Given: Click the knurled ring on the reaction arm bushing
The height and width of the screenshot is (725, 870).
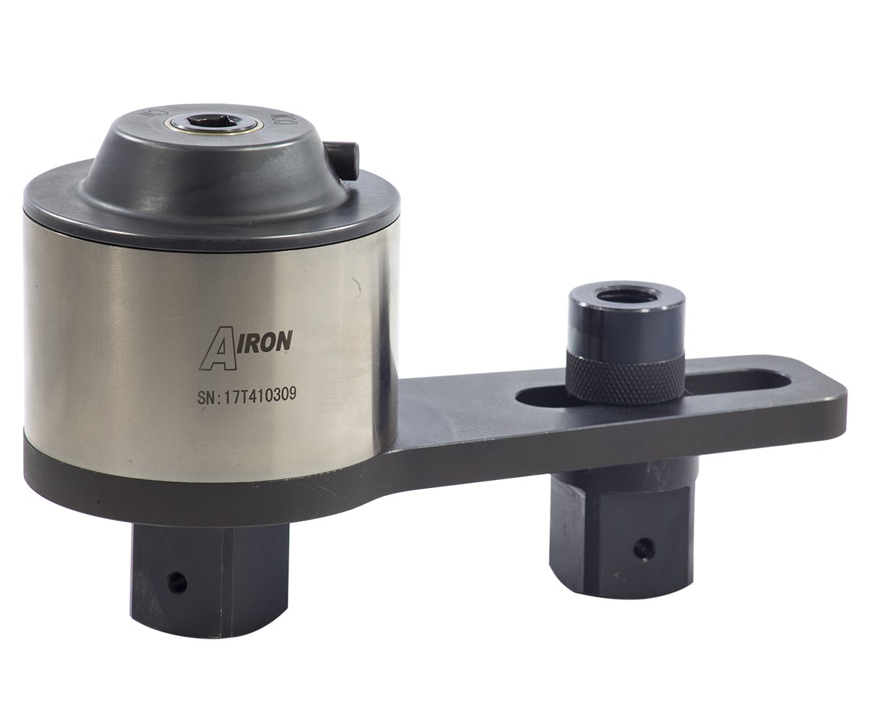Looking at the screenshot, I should [x=624, y=376].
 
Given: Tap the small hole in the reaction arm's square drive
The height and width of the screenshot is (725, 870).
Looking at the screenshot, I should [x=642, y=548].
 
